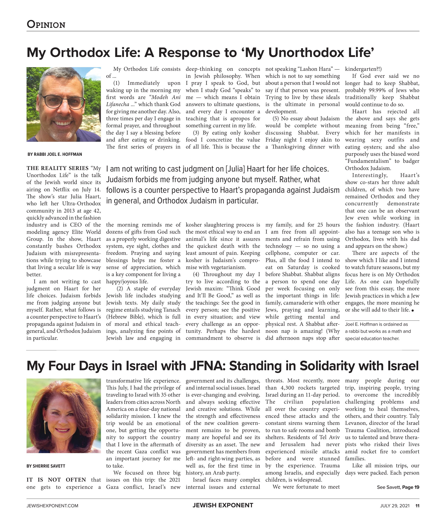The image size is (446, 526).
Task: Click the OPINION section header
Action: (46, 24)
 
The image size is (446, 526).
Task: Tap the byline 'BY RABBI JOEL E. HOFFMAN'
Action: (55, 154)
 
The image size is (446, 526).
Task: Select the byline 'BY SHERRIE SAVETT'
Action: (46, 466)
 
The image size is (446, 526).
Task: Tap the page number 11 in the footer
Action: (417, 506)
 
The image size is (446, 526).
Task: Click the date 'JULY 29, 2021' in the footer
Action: (395, 506)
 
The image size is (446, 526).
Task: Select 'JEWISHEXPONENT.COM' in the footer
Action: (52, 506)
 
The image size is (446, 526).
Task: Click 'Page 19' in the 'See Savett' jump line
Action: (411, 487)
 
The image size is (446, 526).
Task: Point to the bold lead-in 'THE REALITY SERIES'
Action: (57, 168)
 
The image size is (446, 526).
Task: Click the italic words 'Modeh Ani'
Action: (166, 97)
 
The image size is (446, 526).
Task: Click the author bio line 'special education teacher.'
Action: (372, 339)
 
